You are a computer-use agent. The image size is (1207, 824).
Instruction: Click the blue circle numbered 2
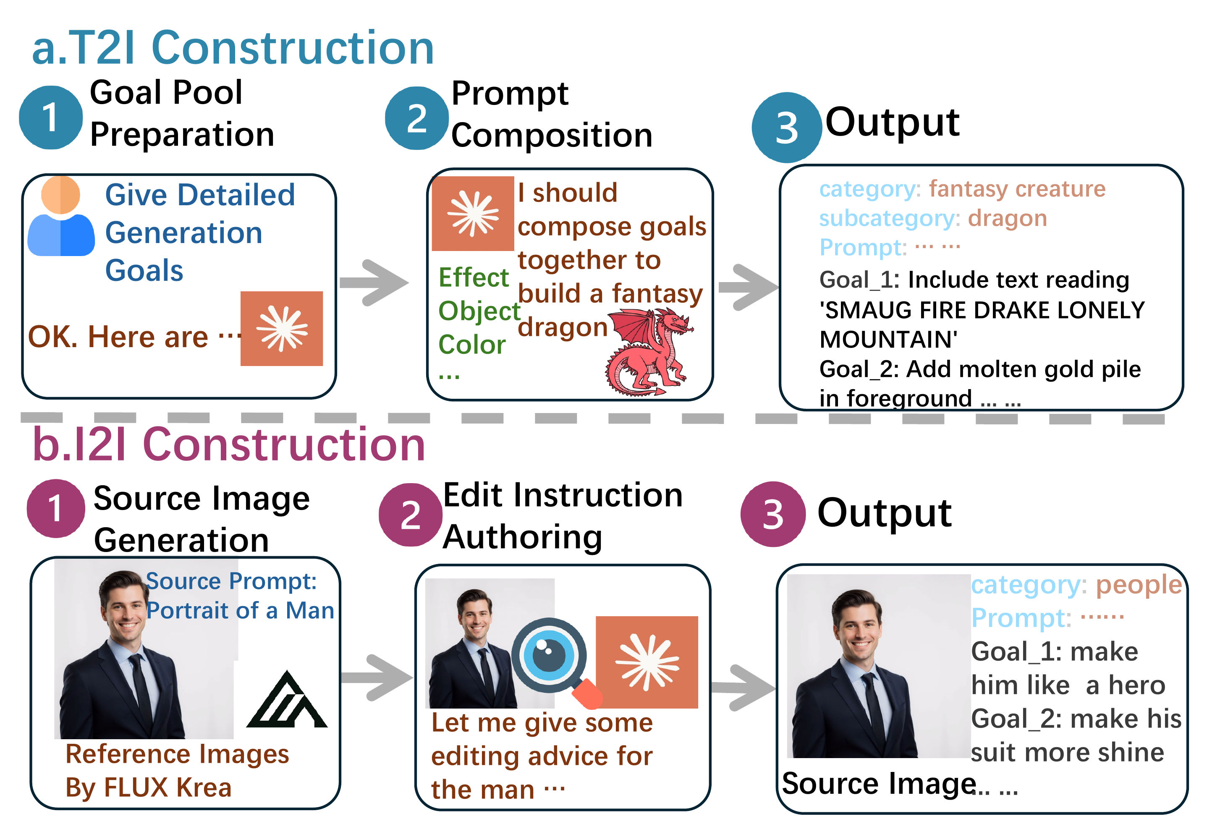416,118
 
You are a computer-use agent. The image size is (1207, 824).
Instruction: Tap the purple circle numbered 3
772,515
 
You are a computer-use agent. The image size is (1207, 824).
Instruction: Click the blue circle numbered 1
50,118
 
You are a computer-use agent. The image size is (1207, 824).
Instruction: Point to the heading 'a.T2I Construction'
233,48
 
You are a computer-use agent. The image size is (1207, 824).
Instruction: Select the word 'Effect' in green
473,277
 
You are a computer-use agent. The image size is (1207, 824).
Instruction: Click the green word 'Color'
471,345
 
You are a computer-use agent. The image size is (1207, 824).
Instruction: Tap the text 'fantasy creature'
1016,188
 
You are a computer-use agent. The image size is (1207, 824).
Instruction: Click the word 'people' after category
1139,585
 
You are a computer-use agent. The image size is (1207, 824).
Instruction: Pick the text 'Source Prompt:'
231,581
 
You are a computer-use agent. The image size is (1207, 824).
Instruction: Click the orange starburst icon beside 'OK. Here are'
282,329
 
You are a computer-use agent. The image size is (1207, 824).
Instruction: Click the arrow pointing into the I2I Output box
743,688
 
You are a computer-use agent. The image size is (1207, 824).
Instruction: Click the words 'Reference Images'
177,754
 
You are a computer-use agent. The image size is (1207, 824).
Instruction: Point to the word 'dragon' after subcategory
1007,218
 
